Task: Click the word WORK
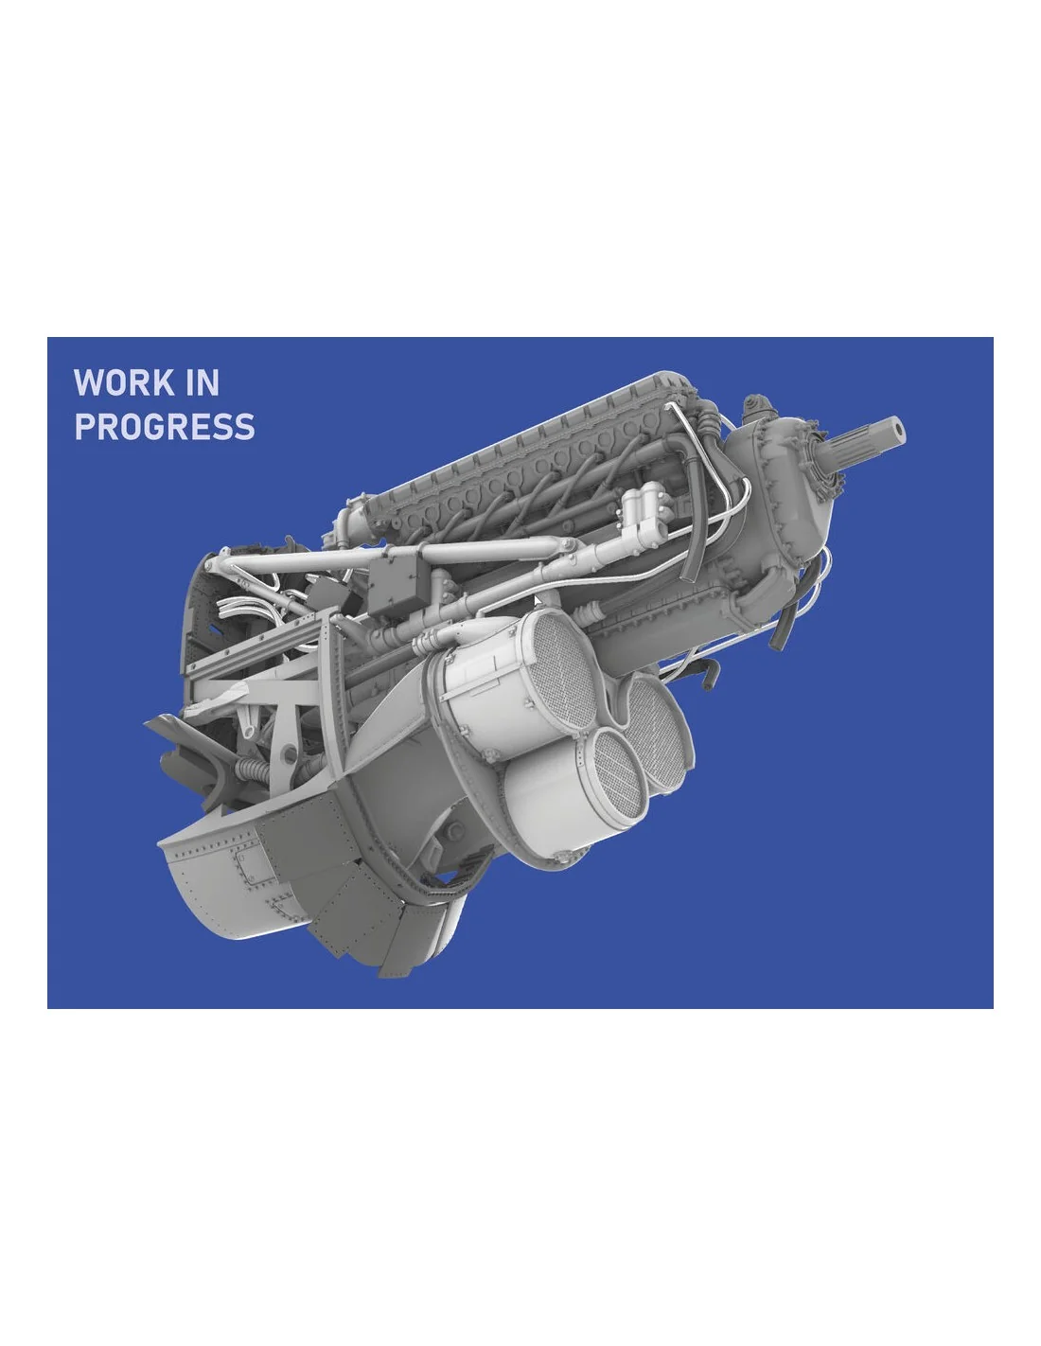click(124, 382)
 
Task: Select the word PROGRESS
click(164, 427)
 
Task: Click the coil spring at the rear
click(252, 770)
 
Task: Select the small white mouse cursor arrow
click(538, 601)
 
